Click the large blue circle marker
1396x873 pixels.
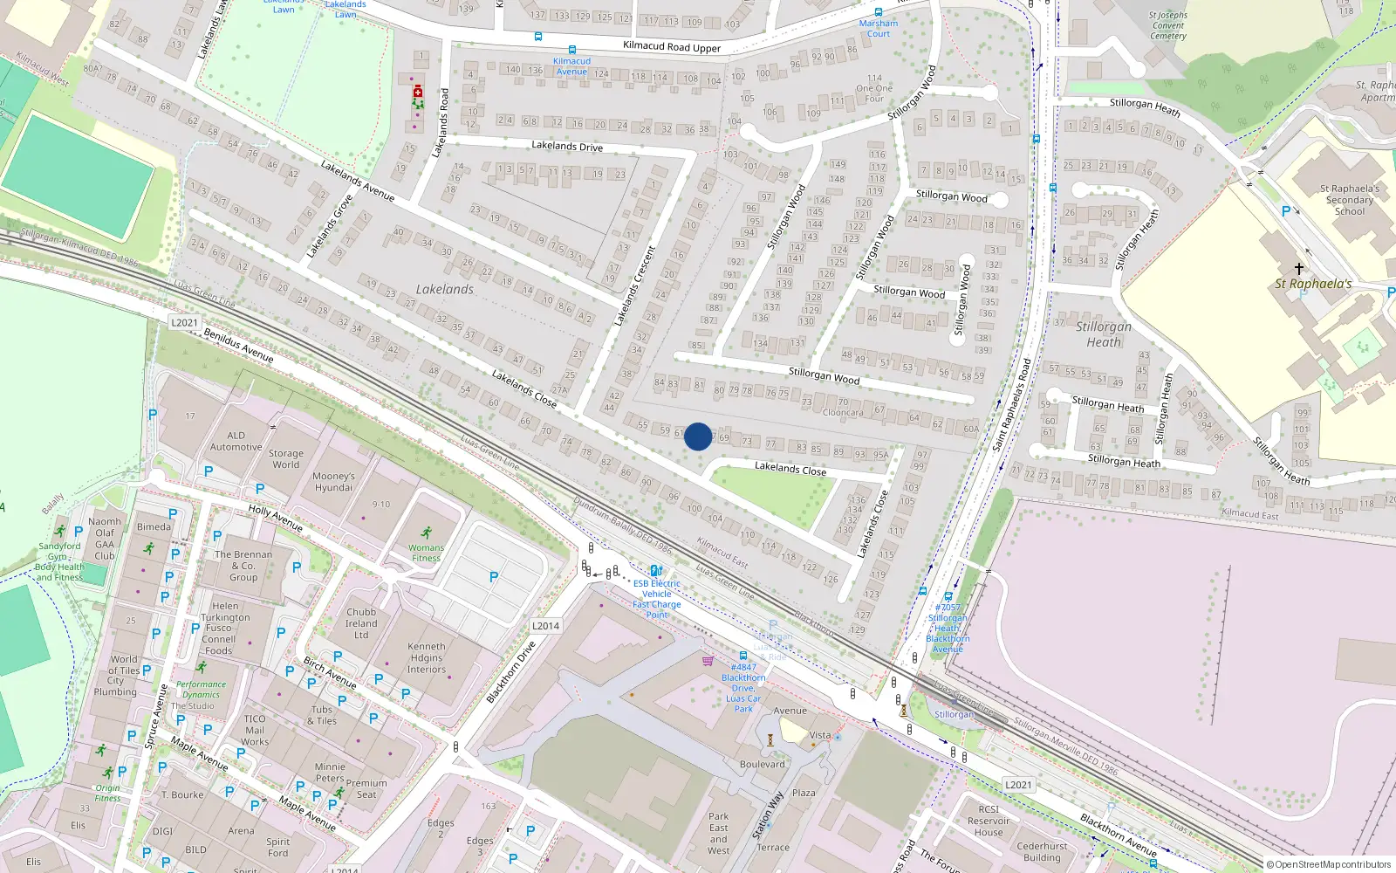[698, 436]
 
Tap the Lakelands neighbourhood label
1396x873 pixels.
[445, 289]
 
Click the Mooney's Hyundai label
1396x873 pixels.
[333, 482]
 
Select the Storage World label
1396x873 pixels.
[285, 459]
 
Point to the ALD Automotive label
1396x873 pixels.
[236, 441]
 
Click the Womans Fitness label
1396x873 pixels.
[426, 553]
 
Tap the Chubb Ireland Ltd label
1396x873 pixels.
[361, 623]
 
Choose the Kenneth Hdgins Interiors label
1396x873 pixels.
[427, 658]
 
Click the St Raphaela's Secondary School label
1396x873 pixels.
[1349, 200]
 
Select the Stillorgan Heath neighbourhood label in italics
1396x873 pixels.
[1104, 333]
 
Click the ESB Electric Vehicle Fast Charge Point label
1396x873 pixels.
[657, 599]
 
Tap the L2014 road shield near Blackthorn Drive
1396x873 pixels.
[545, 626]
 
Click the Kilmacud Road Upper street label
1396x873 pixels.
[672, 47]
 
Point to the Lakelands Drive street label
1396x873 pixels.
[567, 146]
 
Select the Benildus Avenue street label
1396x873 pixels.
[238, 345]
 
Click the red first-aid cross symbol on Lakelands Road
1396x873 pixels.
[418, 92]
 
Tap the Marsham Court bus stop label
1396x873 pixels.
[878, 29]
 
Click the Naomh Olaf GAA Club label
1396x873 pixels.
[105, 539]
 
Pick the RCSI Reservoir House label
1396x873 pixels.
[989, 821]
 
